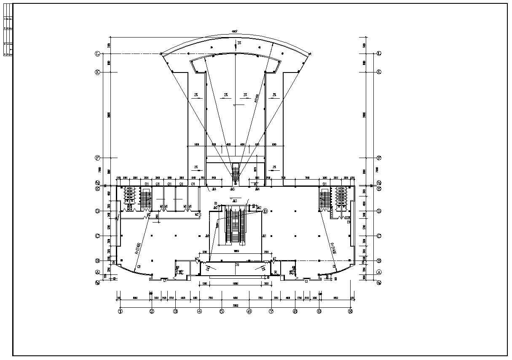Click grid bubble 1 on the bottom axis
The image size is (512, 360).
click(x=120, y=312)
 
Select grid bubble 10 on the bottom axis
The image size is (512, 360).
click(x=350, y=312)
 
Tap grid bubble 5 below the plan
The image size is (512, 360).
click(x=221, y=312)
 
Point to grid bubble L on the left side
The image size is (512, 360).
click(x=97, y=54)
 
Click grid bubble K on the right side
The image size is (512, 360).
click(x=379, y=72)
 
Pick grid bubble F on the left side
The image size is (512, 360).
click(x=97, y=158)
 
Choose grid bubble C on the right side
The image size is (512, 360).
click(x=379, y=236)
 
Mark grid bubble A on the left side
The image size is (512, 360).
click(x=97, y=272)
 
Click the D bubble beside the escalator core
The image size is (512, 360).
click(x=265, y=211)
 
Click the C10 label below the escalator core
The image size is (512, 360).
click(x=237, y=265)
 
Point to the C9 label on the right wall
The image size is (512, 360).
click(x=348, y=222)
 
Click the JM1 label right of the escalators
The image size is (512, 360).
click(x=265, y=236)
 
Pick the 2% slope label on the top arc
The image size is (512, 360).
click(x=239, y=43)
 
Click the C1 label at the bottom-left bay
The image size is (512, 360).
click(x=165, y=281)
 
